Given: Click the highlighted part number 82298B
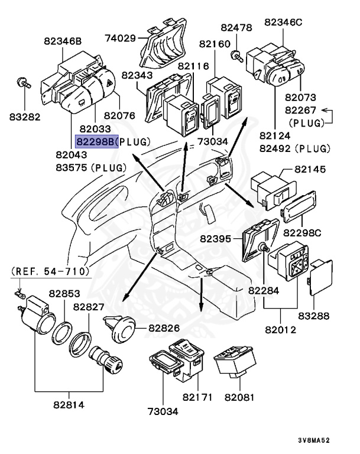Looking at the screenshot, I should click(x=96, y=142).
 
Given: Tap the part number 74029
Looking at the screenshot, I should click(x=119, y=38).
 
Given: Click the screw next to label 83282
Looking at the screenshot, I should click(x=22, y=82).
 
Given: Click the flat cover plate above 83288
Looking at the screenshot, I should click(x=322, y=276).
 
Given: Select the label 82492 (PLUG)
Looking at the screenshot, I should click(x=300, y=147).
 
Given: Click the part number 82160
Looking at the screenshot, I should click(x=214, y=44).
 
